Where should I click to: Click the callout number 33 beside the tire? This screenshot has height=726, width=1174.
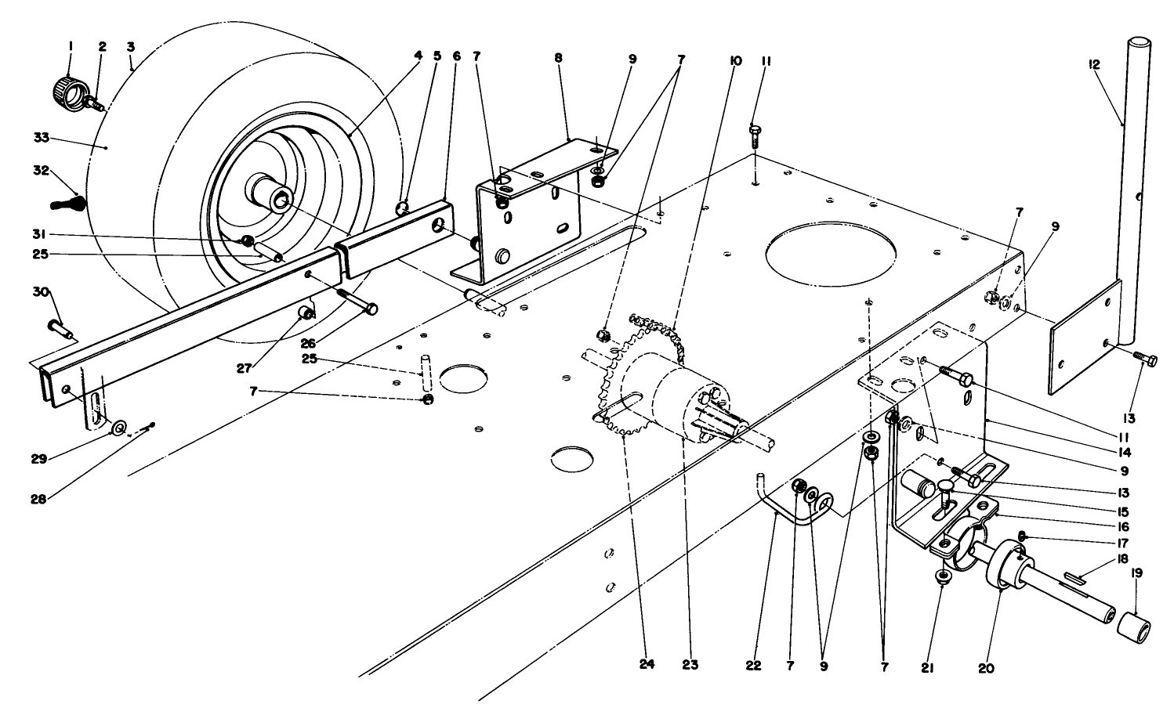coord(41,138)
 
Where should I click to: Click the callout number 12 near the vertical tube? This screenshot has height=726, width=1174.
coord(1094,65)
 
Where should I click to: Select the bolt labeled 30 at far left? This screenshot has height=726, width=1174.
coord(60,327)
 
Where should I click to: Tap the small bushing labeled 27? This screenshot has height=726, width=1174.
coord(308,315)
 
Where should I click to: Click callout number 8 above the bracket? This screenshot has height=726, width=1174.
coord(558,58)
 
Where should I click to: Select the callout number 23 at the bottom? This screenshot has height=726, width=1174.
coord(690,666)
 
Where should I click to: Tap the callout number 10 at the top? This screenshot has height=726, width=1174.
coord(734,59)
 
